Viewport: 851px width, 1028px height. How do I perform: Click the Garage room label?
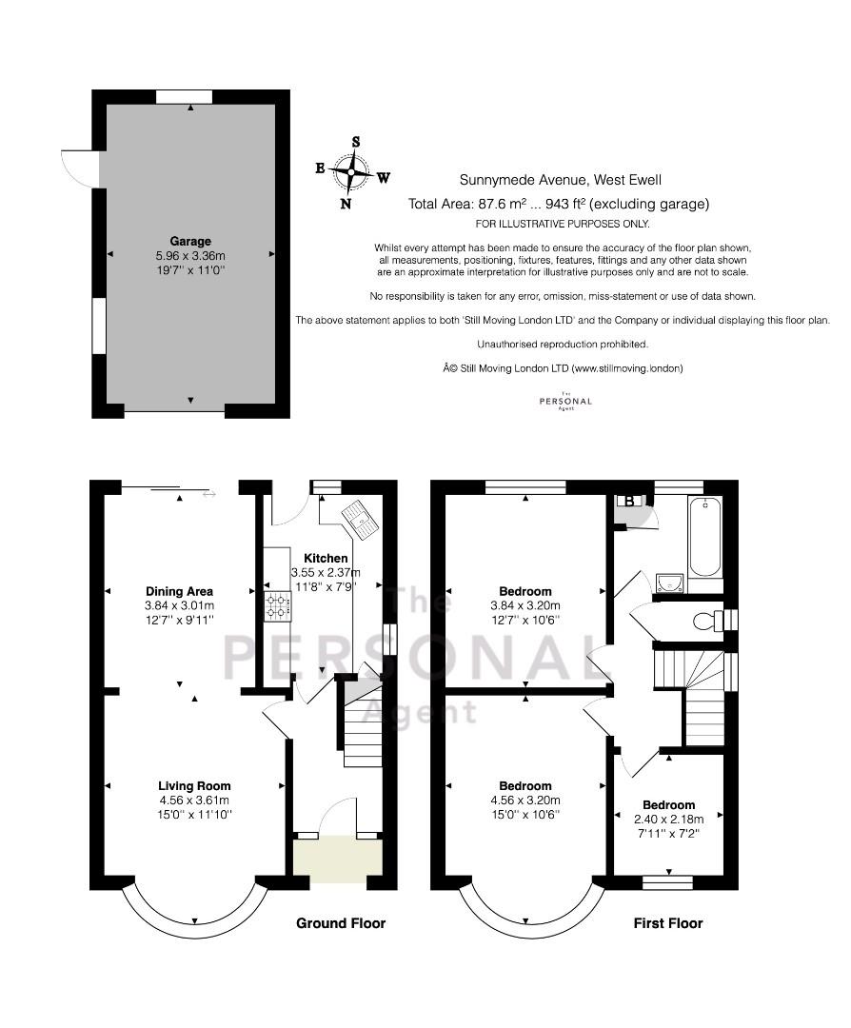(190, 241)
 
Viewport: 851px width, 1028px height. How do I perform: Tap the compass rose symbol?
(352, 171)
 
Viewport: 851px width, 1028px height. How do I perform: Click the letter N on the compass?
(346, 204)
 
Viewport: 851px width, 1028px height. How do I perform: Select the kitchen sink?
(358, 520)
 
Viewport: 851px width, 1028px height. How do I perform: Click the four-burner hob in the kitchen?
(277, 606)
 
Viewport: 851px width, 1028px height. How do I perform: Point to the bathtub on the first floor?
(704, 537)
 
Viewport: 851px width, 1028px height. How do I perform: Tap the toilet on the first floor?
(704, 620)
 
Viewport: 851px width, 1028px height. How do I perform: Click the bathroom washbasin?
(669, 583)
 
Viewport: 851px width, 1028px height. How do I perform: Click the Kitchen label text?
(326, 558)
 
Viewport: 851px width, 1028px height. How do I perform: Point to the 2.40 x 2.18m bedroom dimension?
(669, 820)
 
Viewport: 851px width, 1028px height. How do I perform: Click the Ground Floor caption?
(341, 923)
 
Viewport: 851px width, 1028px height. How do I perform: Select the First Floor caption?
(668, 923)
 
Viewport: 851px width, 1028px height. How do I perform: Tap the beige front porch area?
(338, 860)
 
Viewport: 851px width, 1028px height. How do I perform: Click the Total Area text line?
(559, 204)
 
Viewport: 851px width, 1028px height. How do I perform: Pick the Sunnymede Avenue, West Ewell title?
(560, 180)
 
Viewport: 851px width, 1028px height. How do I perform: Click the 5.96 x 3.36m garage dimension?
(190, 256)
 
